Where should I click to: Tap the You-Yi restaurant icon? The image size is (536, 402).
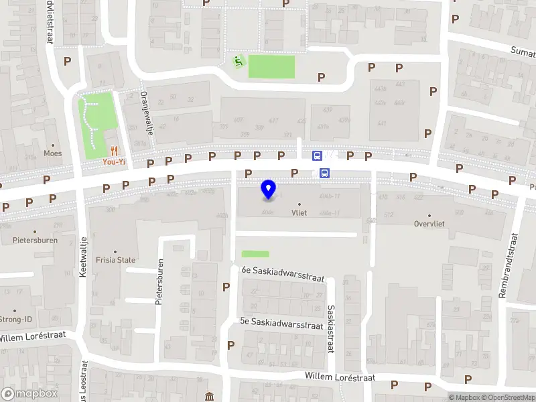pyautogui.click(x=114, y=151)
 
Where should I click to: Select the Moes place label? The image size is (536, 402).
pyautogui.click(x=52, y=153)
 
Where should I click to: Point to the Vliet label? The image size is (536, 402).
pyautogui.click(x=299, y=212)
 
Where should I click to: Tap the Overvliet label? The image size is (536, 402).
pyautogui.click(x=429, y=224)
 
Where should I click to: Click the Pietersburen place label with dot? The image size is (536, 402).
pyautogui.click(x=35, y=240)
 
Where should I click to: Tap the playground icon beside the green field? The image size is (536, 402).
pyautogui.click(x=237, y=62)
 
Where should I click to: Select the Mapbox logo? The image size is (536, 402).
pyautogui.click(x=29, y=394)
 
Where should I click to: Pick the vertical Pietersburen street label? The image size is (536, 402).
pyautogui.click(x=159, y=282)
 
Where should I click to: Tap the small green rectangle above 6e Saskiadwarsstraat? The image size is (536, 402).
pyautogui.click(x=255, y=254)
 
